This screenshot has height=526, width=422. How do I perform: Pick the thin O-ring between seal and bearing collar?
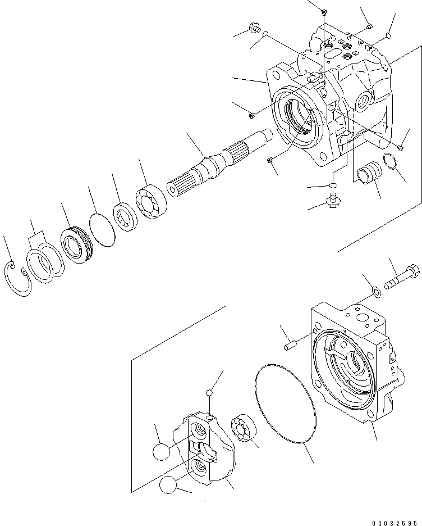[102, 228]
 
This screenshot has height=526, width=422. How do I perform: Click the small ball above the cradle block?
[209, 392]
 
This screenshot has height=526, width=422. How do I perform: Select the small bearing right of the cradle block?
[244, 429]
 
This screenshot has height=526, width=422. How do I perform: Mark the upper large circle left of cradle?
[161, 451]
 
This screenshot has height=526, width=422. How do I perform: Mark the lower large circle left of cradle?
[168, 484]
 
